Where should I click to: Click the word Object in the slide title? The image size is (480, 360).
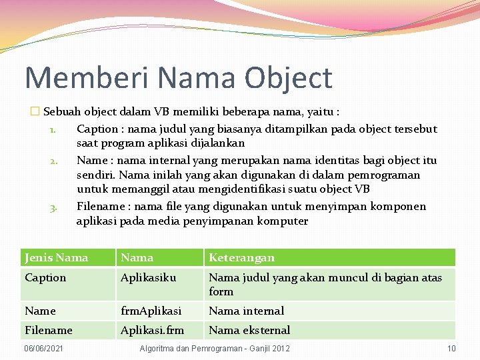coord(287,78)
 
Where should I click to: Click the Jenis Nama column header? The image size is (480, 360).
coord(56,257)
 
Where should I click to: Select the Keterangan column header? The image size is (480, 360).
coord(241,257)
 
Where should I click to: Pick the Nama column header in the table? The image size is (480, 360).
coord(137,257)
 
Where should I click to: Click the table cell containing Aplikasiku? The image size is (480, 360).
coord(148,277)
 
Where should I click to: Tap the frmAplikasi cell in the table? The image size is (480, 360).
coord(151,311)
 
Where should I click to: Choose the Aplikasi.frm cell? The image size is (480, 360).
coord(152,330)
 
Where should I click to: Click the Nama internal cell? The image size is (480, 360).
coord(246,311)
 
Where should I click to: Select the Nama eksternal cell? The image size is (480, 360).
coord(249,330)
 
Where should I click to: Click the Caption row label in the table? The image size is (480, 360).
coord(45,277)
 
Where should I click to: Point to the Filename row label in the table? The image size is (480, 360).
coord(48,330)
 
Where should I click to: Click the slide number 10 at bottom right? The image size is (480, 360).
coord(451,349)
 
